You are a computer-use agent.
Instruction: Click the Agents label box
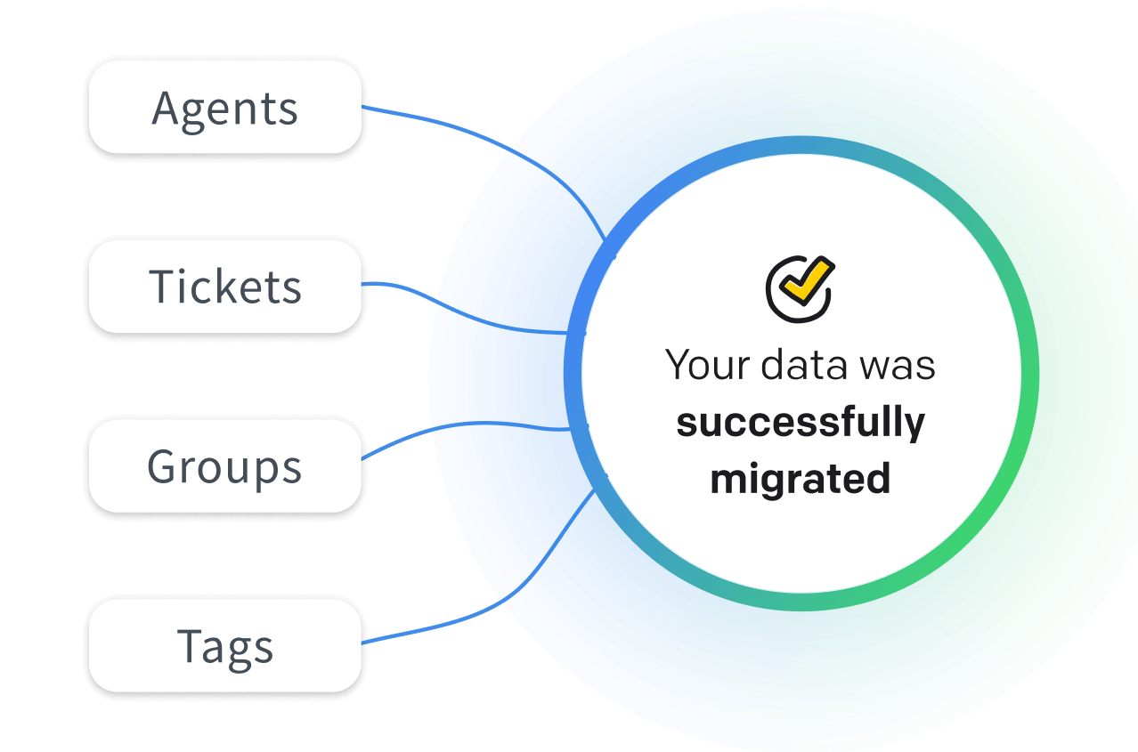[225, 107]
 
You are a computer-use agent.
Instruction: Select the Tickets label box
[225, 287]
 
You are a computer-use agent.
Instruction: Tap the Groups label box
[225, 466]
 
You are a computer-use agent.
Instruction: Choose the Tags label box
[225, 646]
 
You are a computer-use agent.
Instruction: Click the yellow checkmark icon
[806, 280]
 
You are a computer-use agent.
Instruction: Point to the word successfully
[800, 423]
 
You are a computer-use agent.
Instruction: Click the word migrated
[800, 479]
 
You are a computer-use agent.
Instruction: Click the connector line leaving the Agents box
[481, 134]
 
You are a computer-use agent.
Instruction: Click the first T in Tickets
[163, 287]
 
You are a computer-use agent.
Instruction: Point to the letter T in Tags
[191, 645]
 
